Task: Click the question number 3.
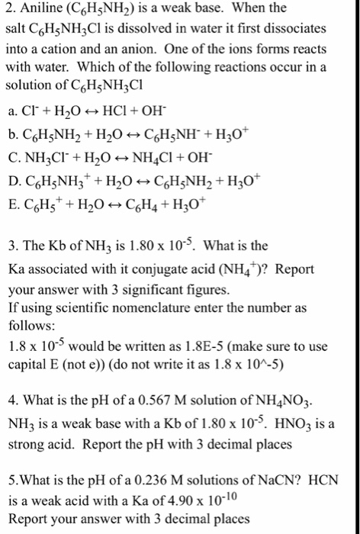tap(8, 246)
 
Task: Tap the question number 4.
tap(8, 397)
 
